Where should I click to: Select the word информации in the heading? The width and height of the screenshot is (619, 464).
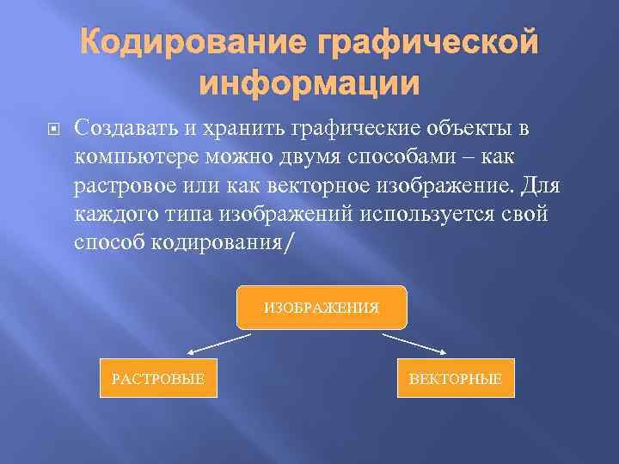(309, 84)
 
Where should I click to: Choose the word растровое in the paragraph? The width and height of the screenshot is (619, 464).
(132, 186)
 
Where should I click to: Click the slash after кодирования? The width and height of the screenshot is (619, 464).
(287, 244)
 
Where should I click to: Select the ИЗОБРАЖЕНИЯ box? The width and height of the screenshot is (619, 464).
(321, 307)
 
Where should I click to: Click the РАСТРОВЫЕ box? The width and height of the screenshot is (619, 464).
(158, 378)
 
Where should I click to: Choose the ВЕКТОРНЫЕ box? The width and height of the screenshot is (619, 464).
(455, 378)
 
